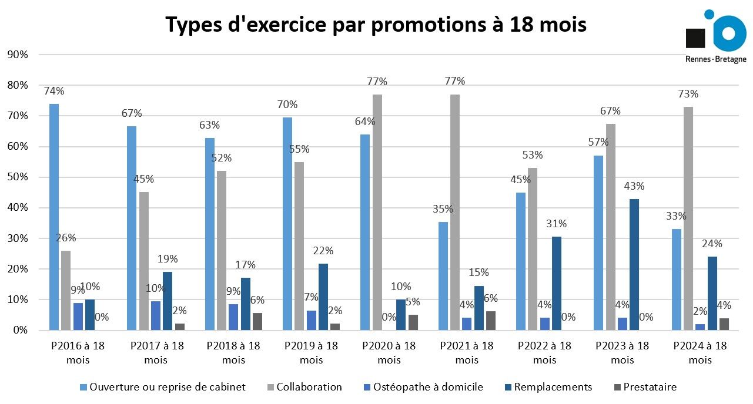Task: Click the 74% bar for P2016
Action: click(54, 217)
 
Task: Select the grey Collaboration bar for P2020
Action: click(377, 212)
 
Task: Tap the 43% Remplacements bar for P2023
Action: click(634, 264)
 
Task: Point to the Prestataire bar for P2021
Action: click(491, 321)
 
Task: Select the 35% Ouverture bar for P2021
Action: click(443, 276)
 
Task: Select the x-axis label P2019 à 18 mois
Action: click(312, 352)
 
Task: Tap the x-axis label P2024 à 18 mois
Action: click(700, 352)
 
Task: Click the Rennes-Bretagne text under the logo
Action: click(716, 59)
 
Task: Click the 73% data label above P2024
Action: click(688, 94)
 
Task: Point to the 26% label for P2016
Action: click(66, 238)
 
